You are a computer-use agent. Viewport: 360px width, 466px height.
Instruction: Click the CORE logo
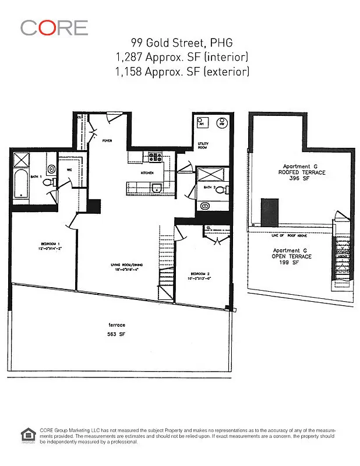[54, 27]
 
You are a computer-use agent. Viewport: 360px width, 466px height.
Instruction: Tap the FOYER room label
[108, 141]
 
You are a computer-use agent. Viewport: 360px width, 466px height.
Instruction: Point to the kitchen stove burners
[156, 157]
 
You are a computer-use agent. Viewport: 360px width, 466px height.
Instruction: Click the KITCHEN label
[146, 173]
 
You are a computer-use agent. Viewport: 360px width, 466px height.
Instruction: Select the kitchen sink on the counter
[156, 188]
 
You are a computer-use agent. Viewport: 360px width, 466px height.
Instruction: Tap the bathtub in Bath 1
[20, 182]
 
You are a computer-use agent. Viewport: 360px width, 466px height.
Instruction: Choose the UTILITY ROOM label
[203, 146]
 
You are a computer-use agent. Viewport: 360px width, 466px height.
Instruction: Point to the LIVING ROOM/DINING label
[128, 265]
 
